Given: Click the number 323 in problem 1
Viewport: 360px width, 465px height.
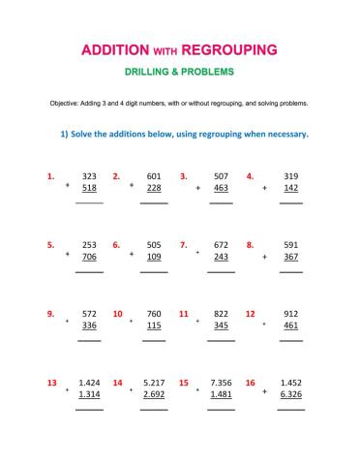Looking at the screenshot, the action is pyautogui.click(x=89, y=176).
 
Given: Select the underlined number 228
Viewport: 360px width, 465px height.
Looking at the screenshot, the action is pyautogui.click(x=154, y=190).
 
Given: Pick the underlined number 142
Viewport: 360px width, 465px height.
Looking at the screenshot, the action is pyautogui.click(x=290, y=190).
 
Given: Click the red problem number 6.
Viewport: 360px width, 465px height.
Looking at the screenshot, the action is pyautogui.click(x=116, y=245).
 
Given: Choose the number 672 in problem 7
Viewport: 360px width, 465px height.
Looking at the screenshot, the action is pyautogui.click(x=221, y=245).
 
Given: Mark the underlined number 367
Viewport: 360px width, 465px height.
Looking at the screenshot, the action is pyautogui.click(x=290, y=259).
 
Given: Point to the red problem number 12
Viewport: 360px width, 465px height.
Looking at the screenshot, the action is pyautogui.click(x=250, y=314).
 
